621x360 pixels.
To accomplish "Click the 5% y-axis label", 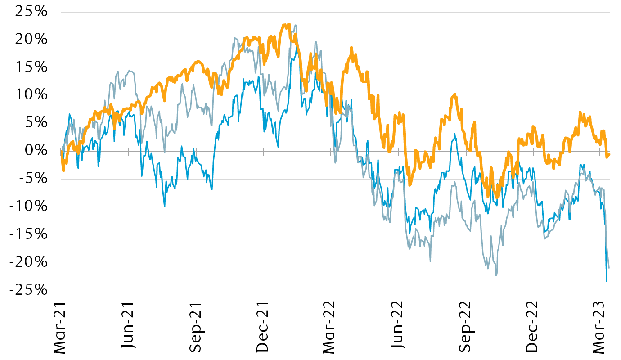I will point(35,123).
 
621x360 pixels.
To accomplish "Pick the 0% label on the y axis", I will point(35,151).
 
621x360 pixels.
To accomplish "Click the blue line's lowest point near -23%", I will point(607,282).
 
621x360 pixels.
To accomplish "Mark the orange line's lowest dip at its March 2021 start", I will point(63,171).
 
